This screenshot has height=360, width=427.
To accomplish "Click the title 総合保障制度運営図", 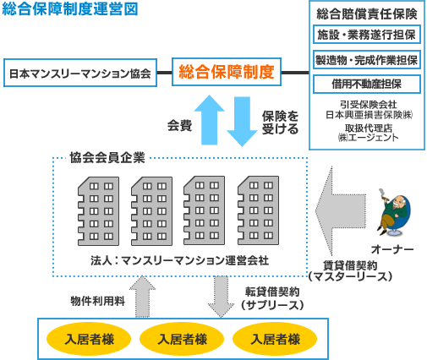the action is (x=70, y=8).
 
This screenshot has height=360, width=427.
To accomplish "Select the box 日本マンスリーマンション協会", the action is (x=80, y=73).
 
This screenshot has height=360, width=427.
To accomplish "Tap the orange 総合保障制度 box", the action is (x=227, y=72).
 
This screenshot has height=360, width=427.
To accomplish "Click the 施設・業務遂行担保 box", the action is (x=367, y=35).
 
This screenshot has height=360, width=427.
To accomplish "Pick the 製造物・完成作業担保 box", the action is (x=367, y=60).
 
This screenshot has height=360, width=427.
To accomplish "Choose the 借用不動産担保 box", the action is (x=367, y=84).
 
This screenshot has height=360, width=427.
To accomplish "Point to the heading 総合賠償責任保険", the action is (x=367, y=14).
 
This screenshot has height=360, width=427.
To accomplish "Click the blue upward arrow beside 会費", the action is (x=209, y=120).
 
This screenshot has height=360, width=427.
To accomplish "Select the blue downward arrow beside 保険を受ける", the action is (x=242, y=122).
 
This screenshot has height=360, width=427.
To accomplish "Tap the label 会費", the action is (x=179, y=125).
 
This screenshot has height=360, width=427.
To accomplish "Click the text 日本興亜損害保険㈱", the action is (x=370, y=115).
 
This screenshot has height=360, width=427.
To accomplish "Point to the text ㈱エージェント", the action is (x=368, y=138).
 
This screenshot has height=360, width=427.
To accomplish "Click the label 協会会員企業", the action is (x=107, y=158).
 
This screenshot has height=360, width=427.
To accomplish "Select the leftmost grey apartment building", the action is (x=98, y=211).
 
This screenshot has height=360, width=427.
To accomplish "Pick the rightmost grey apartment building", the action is (x=259, y=210).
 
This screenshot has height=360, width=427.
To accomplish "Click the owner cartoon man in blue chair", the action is (x=394, y=212).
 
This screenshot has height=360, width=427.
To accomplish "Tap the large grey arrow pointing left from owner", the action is (x=341, y=210).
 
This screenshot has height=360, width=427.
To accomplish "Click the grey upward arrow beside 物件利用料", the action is (x=142, y=297).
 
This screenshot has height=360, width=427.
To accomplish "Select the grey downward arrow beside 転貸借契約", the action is (x=221, y=297).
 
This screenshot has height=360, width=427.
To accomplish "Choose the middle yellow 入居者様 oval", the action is (x=182, y=339).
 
